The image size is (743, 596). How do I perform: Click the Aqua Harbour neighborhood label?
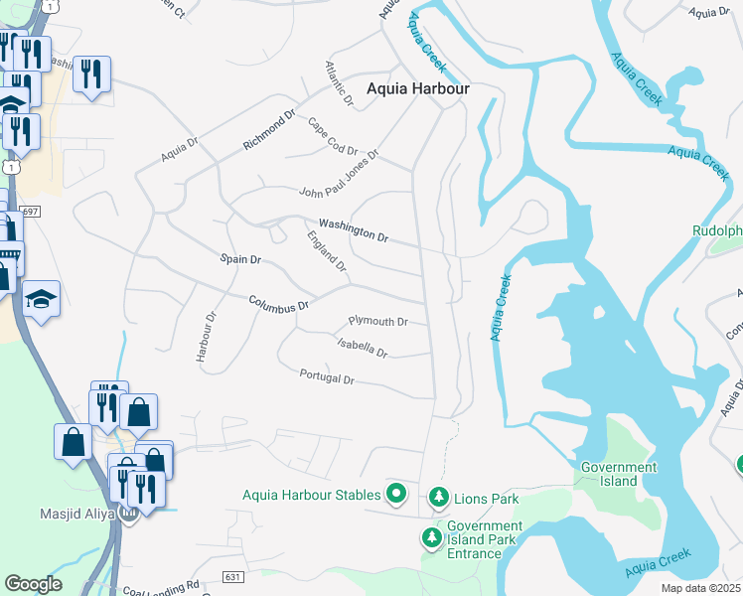coord(417,87)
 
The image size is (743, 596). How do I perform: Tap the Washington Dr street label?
coord(353,230)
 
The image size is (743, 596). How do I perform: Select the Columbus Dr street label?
coord(279,303)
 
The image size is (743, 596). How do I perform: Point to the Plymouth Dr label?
coord(378,321)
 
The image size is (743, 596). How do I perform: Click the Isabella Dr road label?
coord(362,347)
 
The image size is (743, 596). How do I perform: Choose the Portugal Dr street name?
coord(327,376)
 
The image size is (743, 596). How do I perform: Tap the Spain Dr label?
coord(240,259)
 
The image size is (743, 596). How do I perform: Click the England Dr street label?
coord(327,251)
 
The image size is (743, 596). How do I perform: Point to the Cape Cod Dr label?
coord(332,136)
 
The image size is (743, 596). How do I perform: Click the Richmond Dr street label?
coord(269,130)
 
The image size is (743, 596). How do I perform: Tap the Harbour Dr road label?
coord(207,338)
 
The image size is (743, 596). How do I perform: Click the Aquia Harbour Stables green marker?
coord(396,492)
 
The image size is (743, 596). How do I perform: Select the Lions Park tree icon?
coord(437,496)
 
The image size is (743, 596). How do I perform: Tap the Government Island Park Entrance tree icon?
coord(431,537)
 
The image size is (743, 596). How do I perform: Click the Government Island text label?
coord(619,474)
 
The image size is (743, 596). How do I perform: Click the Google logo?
coord(34,583)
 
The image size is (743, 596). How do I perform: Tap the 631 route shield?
coord(232,577)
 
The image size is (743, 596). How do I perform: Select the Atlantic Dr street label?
coord(339,83)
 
